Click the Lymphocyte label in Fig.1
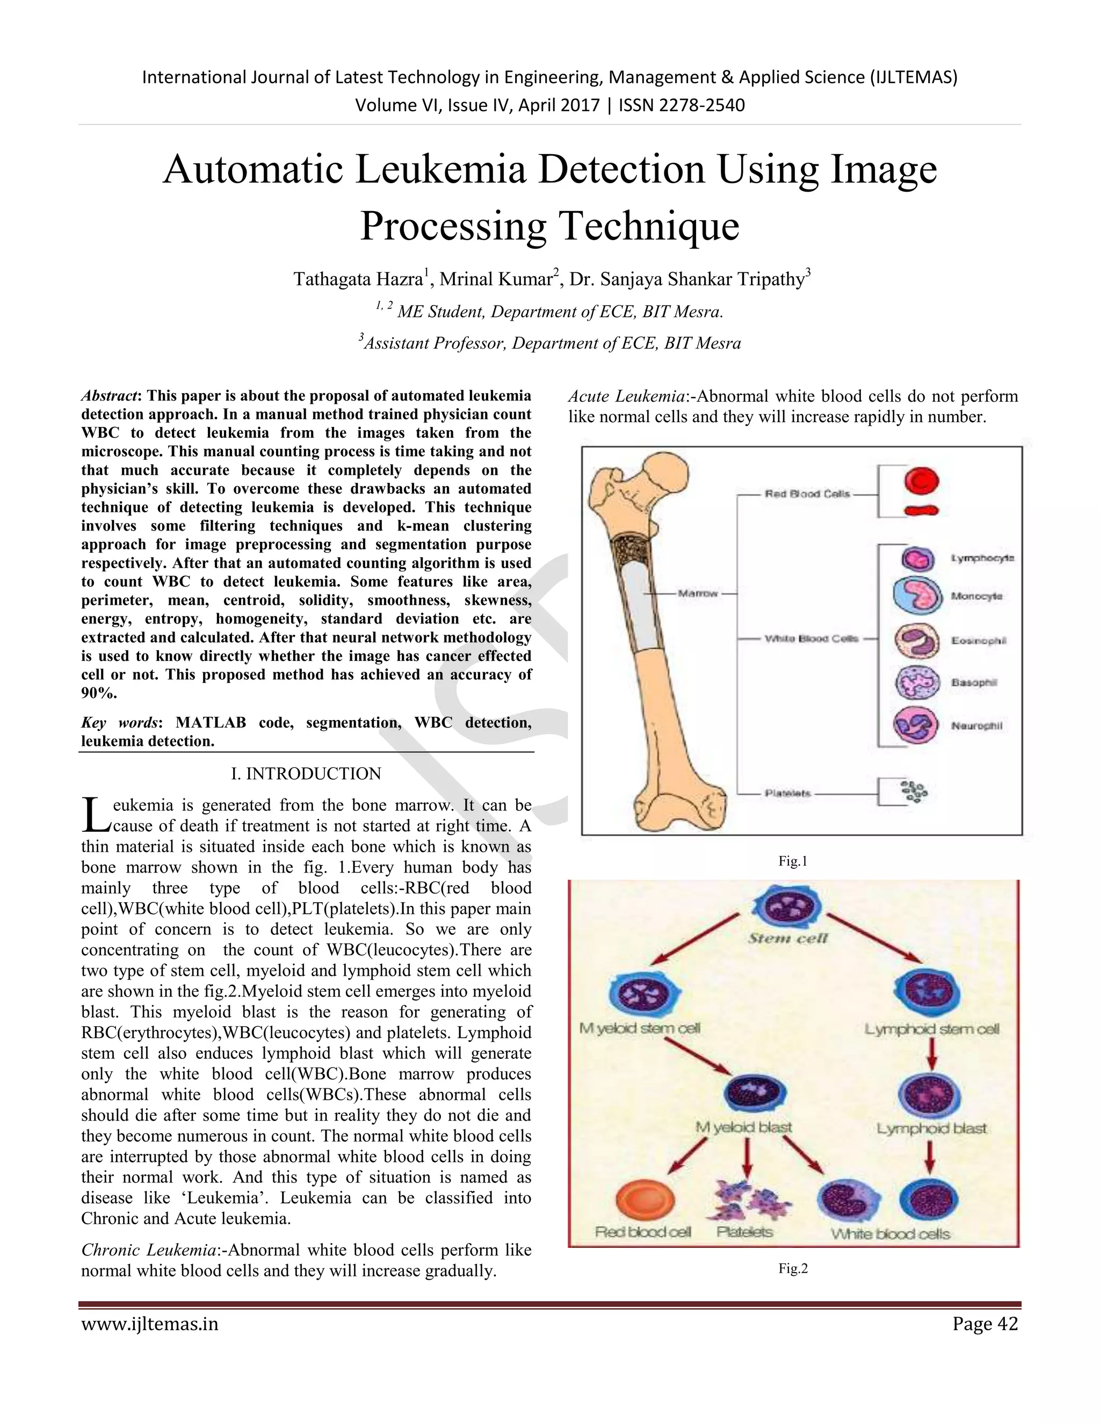982,558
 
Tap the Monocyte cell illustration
917,596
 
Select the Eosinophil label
978,641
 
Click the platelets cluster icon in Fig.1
913,792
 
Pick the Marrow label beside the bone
697,593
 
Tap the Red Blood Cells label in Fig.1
807,494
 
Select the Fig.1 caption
792,861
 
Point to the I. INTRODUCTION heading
306,774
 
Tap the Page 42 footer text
985,1324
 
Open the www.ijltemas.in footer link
150,1324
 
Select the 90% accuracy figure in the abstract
98,693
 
